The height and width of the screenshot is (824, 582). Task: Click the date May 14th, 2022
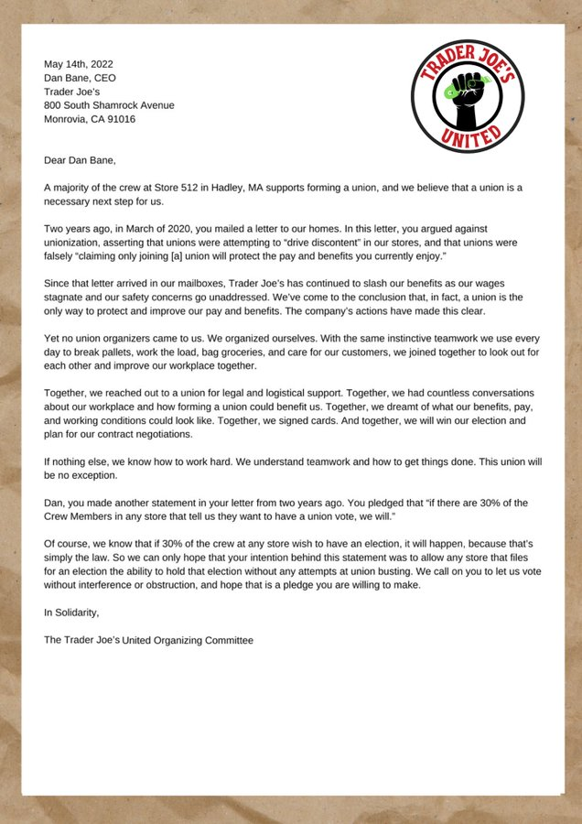click(x=79, y=63)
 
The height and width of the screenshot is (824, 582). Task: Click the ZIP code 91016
click(x=121, y=119)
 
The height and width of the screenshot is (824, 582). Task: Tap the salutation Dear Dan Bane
click(x=81, y=160)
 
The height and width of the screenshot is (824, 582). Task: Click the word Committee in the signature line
click(x=228, y=640)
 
